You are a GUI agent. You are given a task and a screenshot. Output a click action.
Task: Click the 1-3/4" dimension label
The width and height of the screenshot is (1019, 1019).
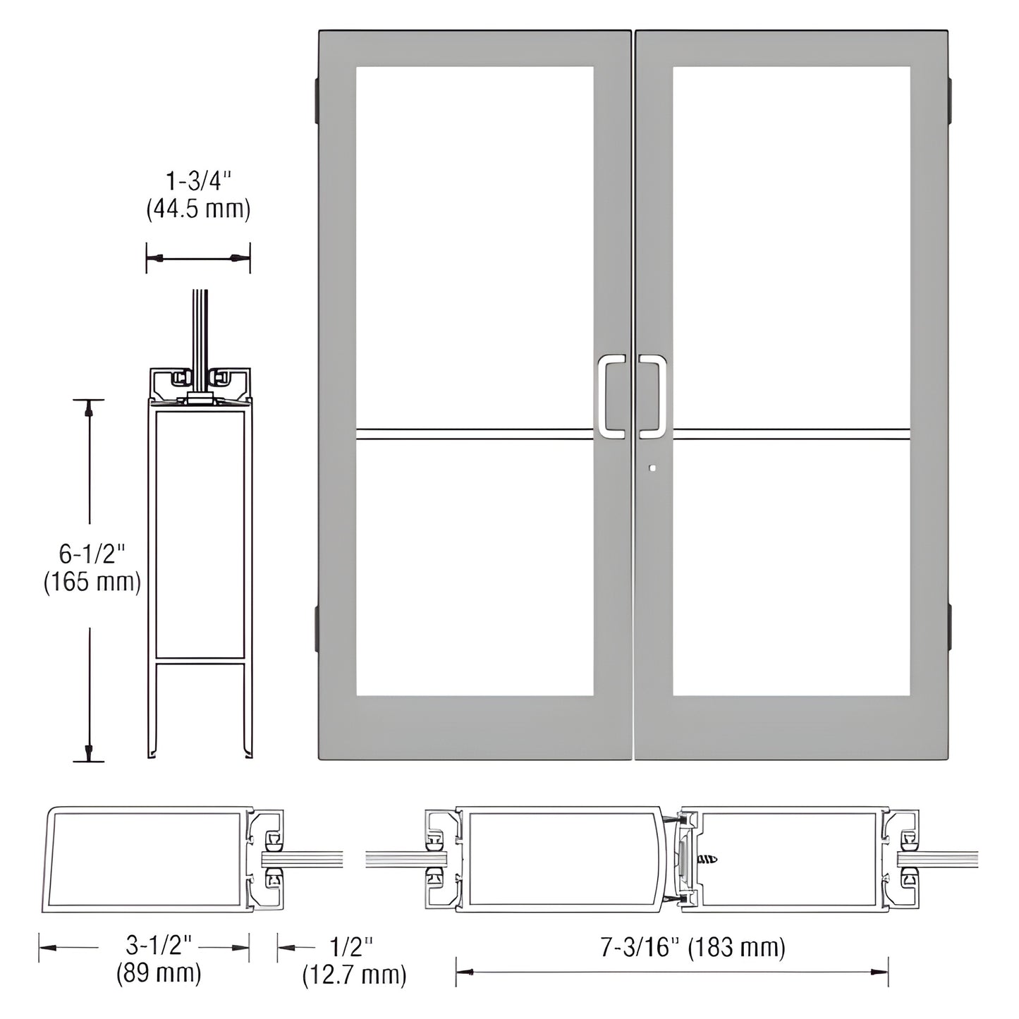coord(198,182)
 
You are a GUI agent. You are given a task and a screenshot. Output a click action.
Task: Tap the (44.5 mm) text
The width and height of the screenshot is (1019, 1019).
coord(198,209)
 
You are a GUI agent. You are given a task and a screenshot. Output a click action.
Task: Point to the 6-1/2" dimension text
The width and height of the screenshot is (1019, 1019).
coord(92,554)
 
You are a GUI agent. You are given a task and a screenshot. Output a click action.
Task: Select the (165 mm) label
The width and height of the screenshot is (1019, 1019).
coord(92,582)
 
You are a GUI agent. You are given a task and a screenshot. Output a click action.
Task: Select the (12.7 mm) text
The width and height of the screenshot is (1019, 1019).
coord(354,975)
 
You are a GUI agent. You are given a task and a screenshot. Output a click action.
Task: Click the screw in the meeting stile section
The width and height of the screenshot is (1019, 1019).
coord(707,860)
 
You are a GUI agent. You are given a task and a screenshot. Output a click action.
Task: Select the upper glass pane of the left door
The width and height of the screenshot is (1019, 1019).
coord(474,247)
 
